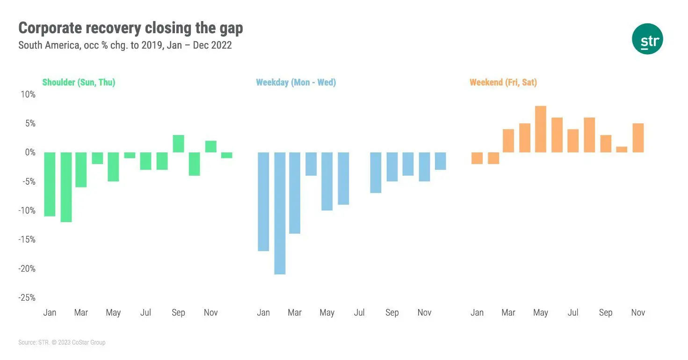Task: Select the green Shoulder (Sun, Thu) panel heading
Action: (x=79, y=82)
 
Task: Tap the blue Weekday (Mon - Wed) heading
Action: (x=296, y=82)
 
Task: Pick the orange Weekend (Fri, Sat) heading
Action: (x=503, y=82)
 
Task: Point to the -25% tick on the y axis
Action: (x=27, y=298)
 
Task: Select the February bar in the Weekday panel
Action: (x=280, y=213)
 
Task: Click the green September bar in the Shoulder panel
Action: (x=178, y=144)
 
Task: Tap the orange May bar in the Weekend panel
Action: (x=541, y=129)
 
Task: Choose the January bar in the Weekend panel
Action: (x=477, y=158)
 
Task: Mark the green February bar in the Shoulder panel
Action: (x=66, y=187)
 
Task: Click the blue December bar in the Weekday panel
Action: (x=441, y=161)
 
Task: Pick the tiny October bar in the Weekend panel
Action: (x=622, y=150)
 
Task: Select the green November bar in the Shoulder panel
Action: (x=210, y=146)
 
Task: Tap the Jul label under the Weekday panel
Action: (x=359, y=312)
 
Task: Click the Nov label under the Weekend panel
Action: (x=638, y=312)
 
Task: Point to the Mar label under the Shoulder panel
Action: (x=81, y=312)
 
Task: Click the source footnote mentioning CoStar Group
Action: (x=62, y=343)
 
